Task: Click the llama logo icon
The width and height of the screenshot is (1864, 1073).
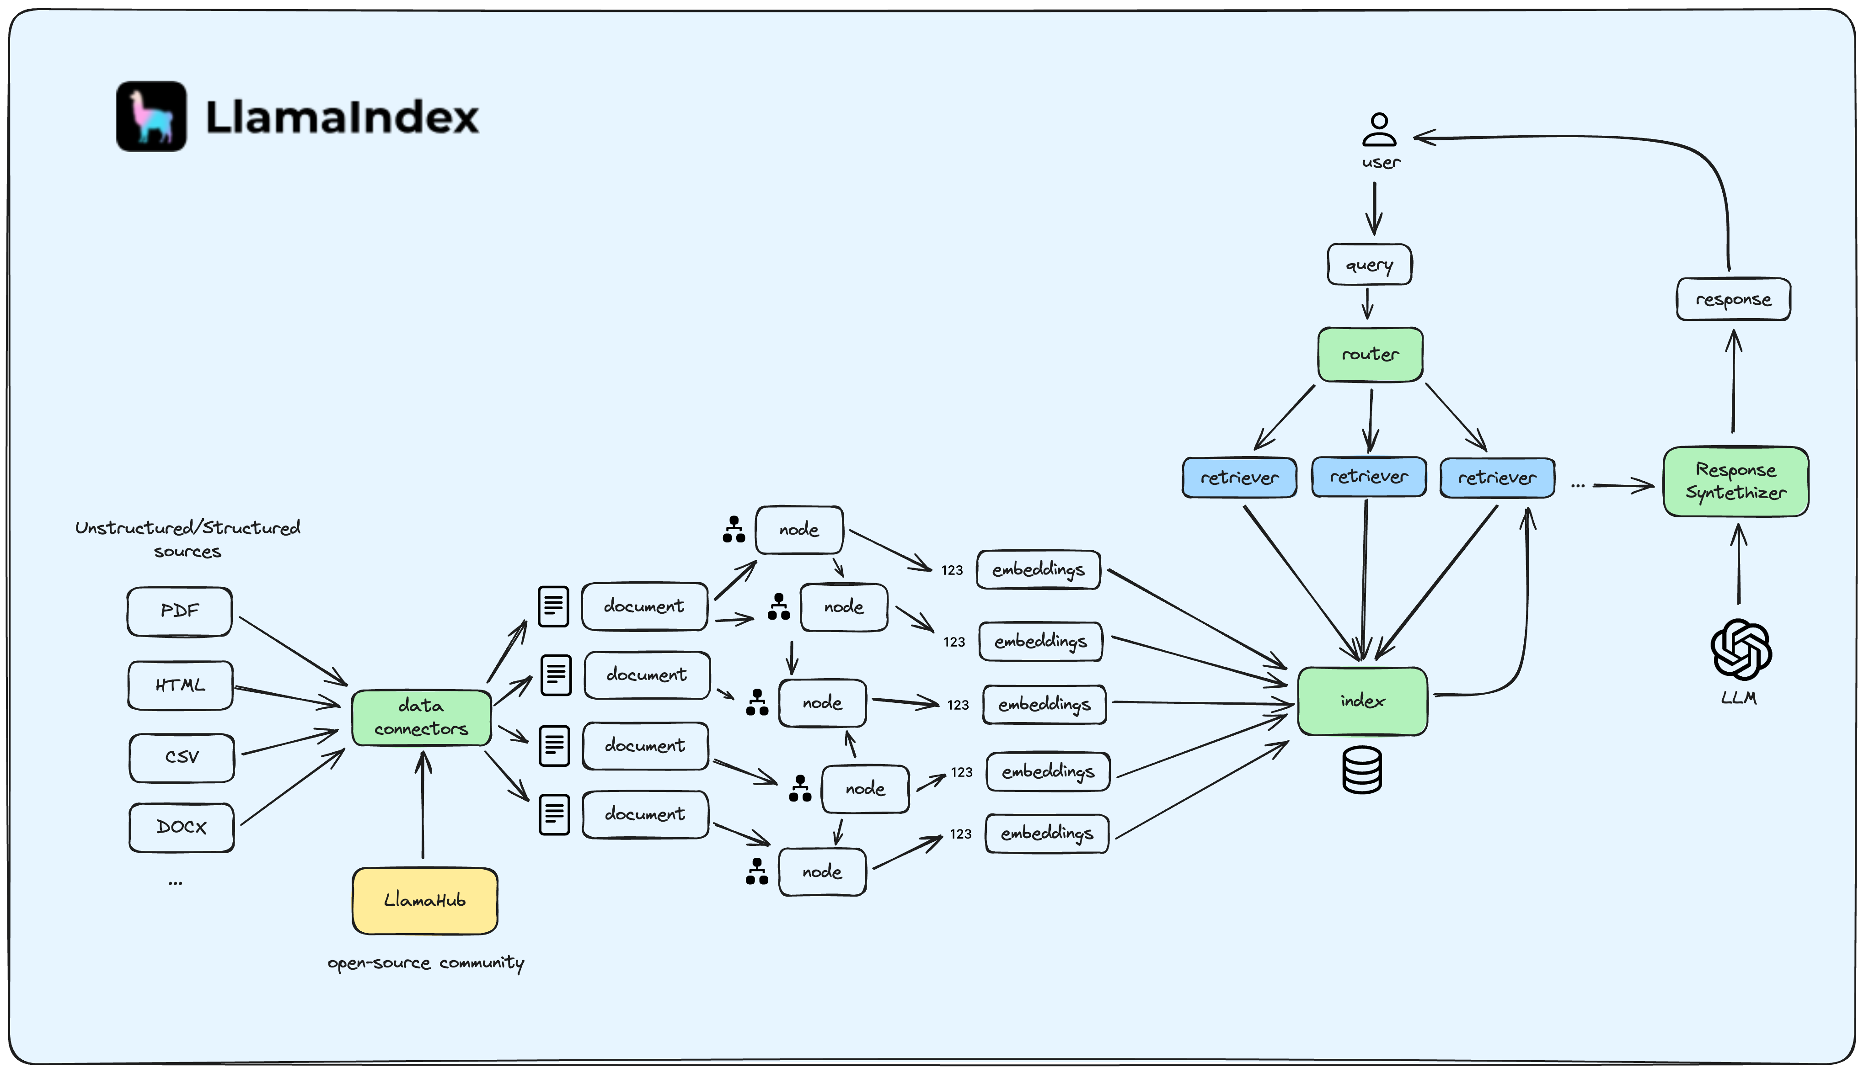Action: [151, 117]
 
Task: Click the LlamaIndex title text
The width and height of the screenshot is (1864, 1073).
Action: [342, 118]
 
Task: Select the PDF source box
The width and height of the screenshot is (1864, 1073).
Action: [179, 611]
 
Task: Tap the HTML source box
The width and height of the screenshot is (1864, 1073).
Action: [181, 685]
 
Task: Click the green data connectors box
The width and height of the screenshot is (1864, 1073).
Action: [421, 717]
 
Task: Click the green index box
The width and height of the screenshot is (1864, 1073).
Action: [1362, 701]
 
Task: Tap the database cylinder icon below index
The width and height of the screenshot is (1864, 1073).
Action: [1362, 770]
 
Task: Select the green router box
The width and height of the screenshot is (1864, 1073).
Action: [1370, 355]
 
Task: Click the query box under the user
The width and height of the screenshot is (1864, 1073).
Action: [1369, 265]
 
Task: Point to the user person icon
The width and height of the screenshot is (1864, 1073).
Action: [1379, 130]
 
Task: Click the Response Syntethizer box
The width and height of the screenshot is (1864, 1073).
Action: [1735, 481]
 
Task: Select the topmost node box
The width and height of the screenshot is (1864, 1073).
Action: [799, 529]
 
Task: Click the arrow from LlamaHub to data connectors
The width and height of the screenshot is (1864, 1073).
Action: [423, 807]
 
